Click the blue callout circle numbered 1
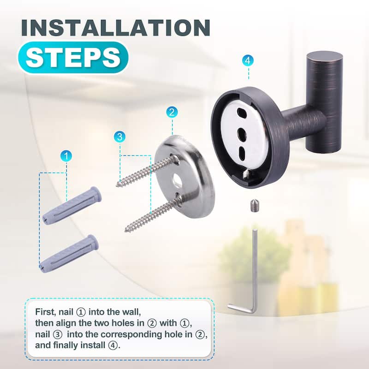66,156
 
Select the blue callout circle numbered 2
172,112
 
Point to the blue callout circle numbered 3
120,136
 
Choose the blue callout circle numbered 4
248,60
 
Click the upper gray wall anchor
72,204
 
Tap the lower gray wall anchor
69,253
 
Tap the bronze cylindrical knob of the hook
323,101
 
